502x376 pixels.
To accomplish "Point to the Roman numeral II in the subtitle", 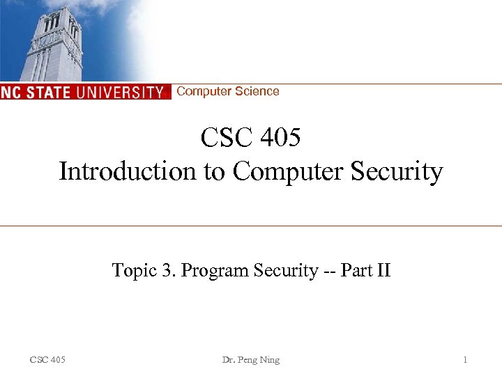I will (x=383, y=270).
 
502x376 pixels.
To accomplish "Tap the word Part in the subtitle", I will (x=355, y=270).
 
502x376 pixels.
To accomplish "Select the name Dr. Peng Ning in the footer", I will (x=250, y=360).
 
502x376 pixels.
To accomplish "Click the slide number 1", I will (x=466, y=360).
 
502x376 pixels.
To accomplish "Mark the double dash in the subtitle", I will (x=329, y=271).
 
